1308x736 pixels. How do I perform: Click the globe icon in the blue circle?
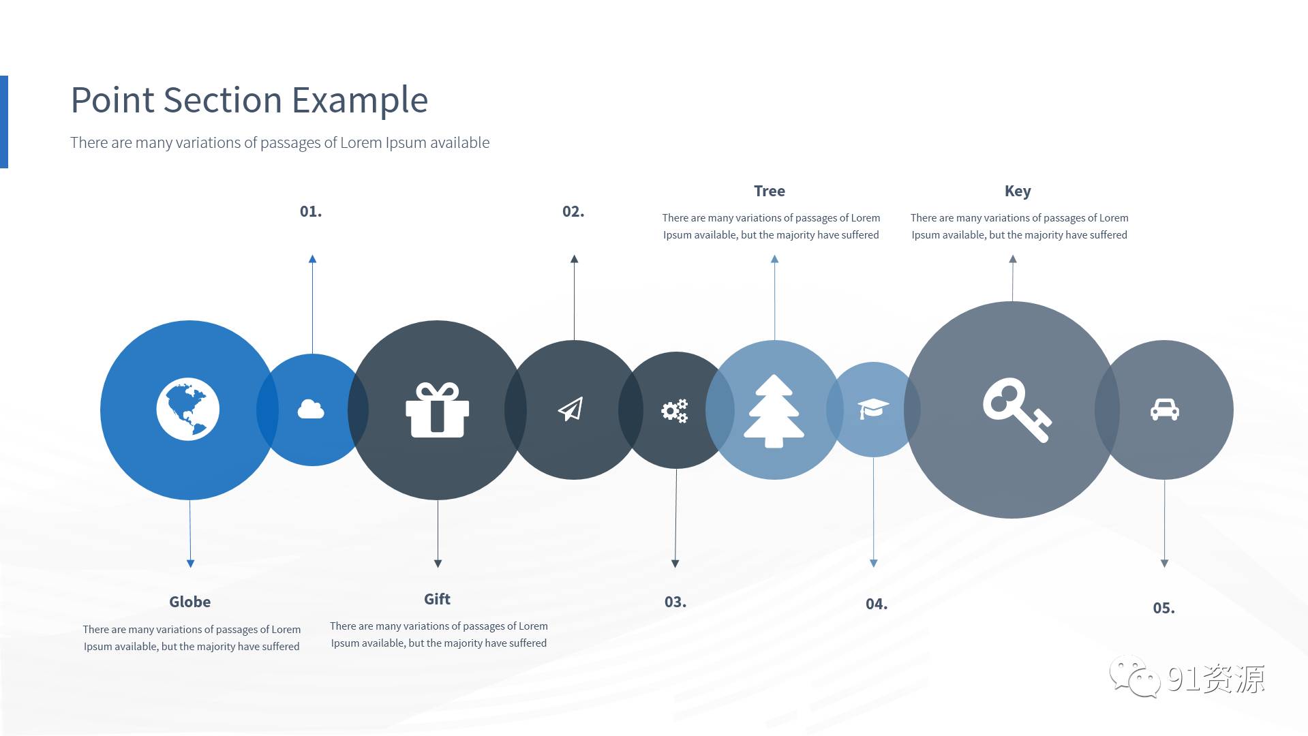[x=187, y=409]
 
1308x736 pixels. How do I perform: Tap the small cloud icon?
[x=311, y=409]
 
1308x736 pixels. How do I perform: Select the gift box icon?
[x=437, y=410]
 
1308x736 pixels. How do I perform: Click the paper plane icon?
[x=571, y=409]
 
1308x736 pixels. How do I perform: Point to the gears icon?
[x=675, y=411]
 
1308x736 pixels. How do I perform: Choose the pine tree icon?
[x=774, y=411]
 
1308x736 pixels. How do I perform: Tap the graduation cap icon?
[x=873, y=409]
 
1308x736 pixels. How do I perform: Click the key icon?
[x=1017, y=410]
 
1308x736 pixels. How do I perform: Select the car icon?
[x=1164, y=409]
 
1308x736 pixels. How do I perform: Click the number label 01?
[x=311, y=211]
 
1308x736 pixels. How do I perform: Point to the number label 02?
[x=573, y=211]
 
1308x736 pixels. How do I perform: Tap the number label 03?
[x=675, y=602]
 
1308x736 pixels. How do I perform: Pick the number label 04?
[x=877, y=604]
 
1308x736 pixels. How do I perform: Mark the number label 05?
[x=1164, y=608]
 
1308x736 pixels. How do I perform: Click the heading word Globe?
[x=190, y=602]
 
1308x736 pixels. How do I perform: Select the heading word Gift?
[x=437, y=599]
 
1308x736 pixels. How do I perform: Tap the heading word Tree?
[x=770, y=191]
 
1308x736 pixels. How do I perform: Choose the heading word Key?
[x=1018, y=191]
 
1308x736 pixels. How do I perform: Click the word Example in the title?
[x=360, y=101]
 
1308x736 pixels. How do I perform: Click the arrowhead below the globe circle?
[x=190, y=564]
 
